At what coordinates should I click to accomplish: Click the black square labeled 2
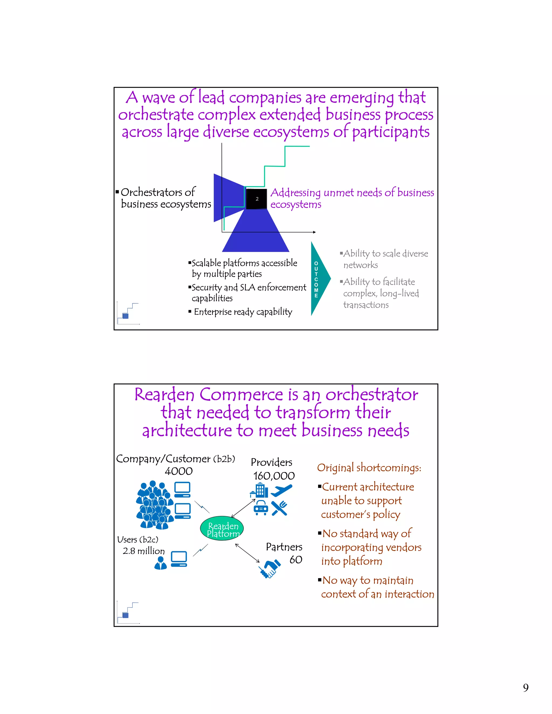click(x=256, y=199)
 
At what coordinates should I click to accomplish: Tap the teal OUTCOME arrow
click(x=319, y=279)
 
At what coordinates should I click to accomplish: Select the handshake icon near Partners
click(x=270, y=569)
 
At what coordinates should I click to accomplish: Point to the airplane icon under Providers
click(x=282, y=490)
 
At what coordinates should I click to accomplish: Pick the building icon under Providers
click(x=259, y=490)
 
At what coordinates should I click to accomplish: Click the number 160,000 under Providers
click(x=274, y=476)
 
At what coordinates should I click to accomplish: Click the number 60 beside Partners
click(x=296, y=559)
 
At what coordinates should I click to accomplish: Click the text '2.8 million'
click(x=144, y=551)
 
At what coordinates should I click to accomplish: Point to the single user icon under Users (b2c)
click(x=160, y=563)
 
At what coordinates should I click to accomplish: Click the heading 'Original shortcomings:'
click(x=369, y=467)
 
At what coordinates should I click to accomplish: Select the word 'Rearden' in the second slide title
click(x=164, y=395)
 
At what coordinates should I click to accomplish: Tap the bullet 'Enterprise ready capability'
click(x=243, y=312)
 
